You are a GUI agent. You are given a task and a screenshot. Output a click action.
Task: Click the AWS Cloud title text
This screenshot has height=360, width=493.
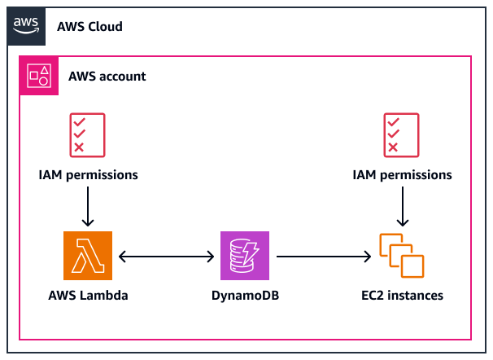coord(89,27)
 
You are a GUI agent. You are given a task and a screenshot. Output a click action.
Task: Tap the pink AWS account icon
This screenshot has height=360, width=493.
coord(38,76)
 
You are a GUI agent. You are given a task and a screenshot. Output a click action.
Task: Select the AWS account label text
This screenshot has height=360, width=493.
coord(107,77)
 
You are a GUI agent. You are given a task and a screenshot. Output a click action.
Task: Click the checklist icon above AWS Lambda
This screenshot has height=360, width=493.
coord(88,134)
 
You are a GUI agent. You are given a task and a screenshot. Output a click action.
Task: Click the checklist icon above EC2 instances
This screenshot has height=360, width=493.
coord(402,134)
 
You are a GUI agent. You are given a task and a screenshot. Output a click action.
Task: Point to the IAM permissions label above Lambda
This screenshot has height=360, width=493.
coord(88,174)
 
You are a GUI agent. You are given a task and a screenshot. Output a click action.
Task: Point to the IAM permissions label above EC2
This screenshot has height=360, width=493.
coord(402,174)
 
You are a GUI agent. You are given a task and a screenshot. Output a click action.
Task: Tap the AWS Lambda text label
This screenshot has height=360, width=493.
coord(88,295)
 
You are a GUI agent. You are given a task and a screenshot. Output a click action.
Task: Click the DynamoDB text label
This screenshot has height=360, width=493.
coord(245,295)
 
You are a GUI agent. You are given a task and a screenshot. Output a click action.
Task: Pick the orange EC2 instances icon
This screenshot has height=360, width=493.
coord(402,255)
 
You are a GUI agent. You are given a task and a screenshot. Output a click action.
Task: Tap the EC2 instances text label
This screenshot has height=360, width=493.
coord(402,295)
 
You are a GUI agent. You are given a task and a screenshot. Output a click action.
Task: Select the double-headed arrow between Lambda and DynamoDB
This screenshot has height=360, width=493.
coord(167,256)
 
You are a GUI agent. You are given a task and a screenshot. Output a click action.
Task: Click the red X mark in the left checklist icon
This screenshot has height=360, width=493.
coord(79,147)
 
